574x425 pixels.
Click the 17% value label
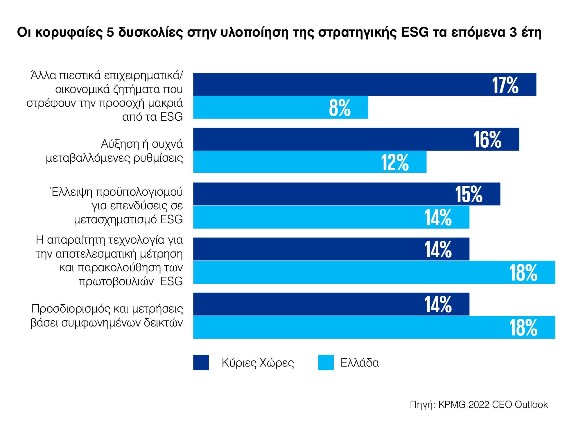coord(505,85)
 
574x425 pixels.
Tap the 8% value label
coord(340,108)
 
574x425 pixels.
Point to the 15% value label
coord(469,194)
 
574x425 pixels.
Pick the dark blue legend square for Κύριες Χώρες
coord(201,362)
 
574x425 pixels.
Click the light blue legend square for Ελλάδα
coord(326,362)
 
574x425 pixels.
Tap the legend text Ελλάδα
coord(360,363)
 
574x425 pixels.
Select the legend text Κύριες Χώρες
coord(258,363)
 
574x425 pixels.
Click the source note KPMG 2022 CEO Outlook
coord(493,405)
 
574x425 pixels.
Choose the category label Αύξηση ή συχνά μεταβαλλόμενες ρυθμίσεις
coord(114,151)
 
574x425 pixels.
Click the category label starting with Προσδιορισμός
coord(107,316)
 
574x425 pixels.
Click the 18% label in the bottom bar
coord(523,328)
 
